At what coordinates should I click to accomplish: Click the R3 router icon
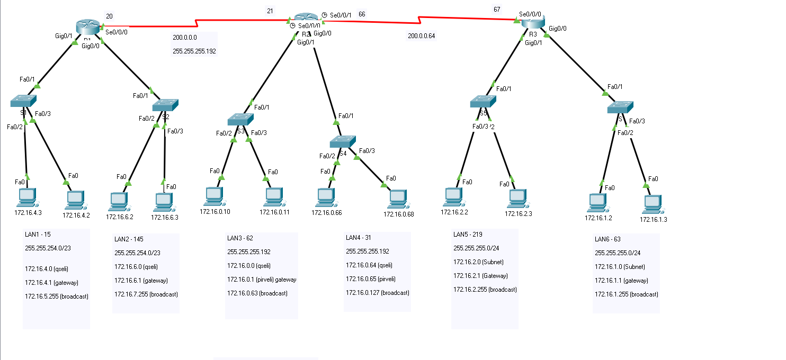click(533, 22)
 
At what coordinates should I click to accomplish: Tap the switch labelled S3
click(241, 119)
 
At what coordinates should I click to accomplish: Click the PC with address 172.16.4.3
click(26, 197)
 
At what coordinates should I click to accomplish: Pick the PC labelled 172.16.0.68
click(398, 199)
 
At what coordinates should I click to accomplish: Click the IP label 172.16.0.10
click(215, 212)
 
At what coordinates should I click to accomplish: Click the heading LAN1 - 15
click(38, 234)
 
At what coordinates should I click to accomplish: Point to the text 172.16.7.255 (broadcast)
click(146, 294)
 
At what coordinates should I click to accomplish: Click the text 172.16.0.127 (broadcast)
click(378, 293)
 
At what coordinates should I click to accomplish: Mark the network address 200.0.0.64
click(422, 36)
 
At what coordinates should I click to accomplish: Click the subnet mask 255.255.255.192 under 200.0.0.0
click(194, 51)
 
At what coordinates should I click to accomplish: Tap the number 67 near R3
click(496, 9)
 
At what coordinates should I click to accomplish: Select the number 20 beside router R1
click(109, 16)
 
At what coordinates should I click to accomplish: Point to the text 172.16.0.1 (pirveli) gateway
click(262, 280)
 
